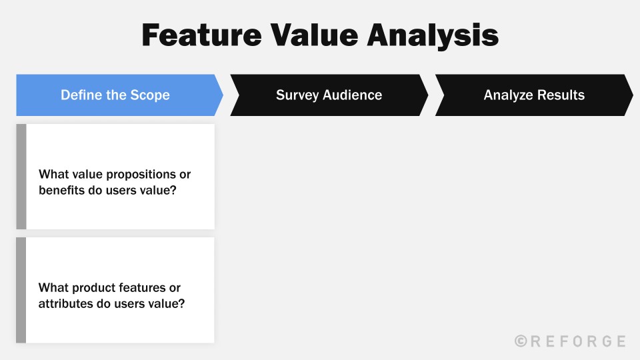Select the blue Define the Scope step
pos(115,95)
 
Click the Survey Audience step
pos(329,95)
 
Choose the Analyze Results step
pos(534,95)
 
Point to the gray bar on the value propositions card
pos(21,177)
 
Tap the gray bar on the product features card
pos(21,290)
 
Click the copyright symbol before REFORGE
pos(521,341)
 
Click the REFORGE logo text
pos(577,341)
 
